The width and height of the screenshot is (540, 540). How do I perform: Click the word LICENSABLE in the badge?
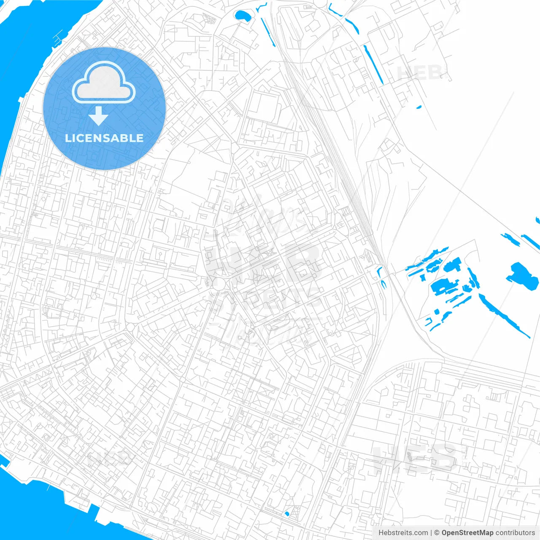tap(104, 138)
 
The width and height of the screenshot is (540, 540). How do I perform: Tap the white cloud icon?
tap(103, 83)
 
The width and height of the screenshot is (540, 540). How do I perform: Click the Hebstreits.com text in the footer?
tap(403, 533)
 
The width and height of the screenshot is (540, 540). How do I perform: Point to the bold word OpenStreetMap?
tap(467, 533)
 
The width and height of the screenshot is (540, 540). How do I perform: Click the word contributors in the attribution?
tap(515, 533)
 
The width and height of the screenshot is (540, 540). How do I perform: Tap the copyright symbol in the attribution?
tap(437, 533)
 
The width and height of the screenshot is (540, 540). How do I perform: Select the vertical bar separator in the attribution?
tap(431, 533)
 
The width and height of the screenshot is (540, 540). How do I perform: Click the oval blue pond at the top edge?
tap(242, 16)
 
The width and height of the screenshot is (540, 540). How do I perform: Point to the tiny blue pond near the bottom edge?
tap(287, 513)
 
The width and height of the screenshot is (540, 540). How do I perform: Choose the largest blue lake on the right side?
tap(522, 276)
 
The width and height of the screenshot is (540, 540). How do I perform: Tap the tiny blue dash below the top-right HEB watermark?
tap(418, 107)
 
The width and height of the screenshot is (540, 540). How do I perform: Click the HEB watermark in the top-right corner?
tap(420, 73)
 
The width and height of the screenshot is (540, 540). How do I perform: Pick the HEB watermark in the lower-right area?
tap(416, 458)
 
